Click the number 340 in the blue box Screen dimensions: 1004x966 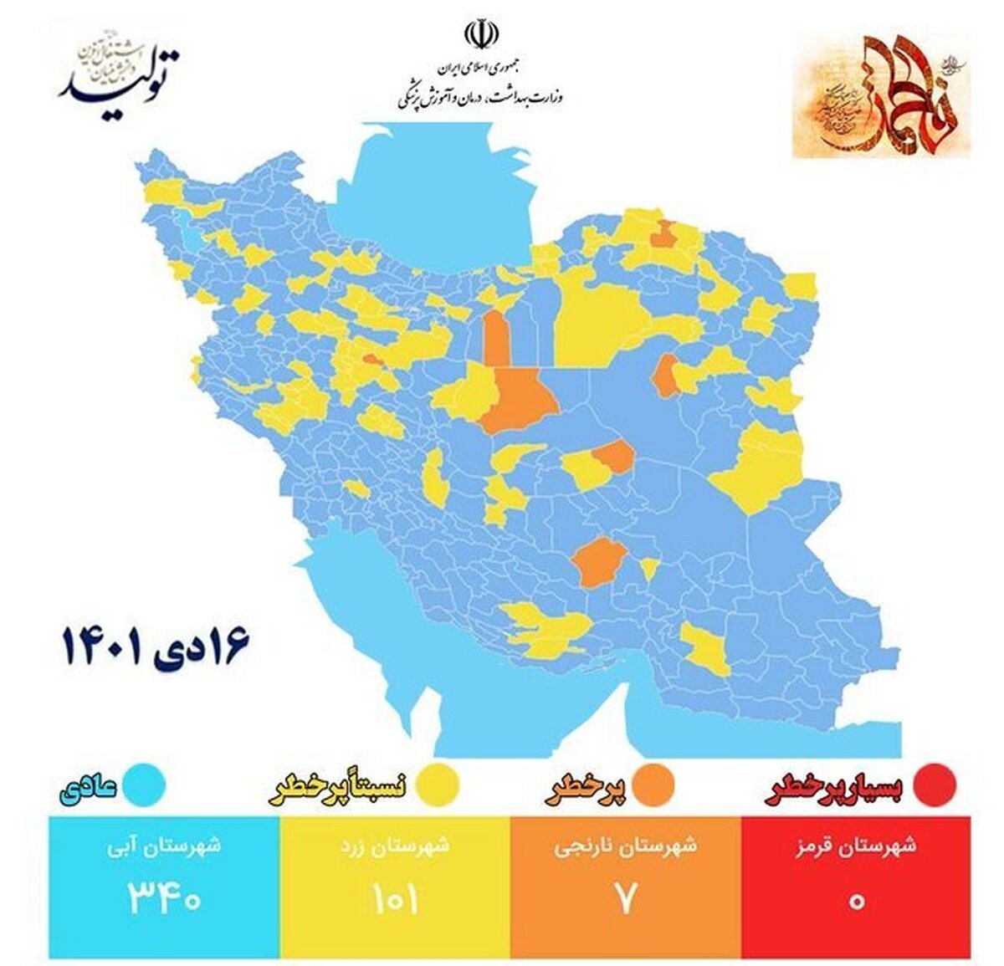tap(164, 900)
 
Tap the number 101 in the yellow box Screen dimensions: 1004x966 tap(395, 900)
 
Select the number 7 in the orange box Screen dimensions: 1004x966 tap(626, 900)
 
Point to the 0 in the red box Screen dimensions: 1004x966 tap(856, 902)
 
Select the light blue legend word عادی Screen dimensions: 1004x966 tap(90, 788)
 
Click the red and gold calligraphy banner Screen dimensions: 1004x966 tap(880, 94)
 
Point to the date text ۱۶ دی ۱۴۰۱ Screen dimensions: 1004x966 tap(156, 647)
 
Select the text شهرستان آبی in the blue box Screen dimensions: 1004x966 tap(164, 846)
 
